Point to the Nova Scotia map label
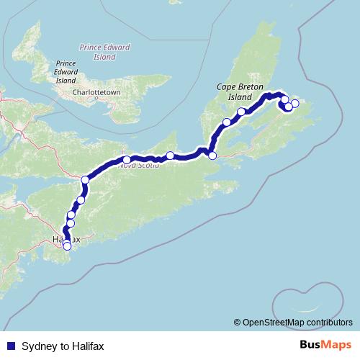(x=135, y=165)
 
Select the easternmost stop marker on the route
(x=294, y=104)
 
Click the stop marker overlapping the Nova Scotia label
(x=127, y=160)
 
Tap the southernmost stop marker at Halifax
(x=68, y=246)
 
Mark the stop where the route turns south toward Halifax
(x=85, y=179)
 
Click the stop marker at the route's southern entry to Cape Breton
(x=212, y=155)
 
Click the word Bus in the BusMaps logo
(x=310, y=346)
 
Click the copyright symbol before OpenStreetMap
(x=238, y=323)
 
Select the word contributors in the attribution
(x=327, y=323)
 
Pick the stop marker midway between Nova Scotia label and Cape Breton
(x=170, y=156)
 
